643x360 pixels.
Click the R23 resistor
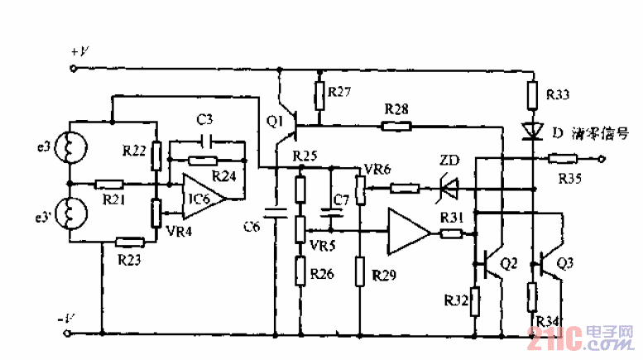coord(131,242)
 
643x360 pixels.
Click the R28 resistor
coord(396,126)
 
